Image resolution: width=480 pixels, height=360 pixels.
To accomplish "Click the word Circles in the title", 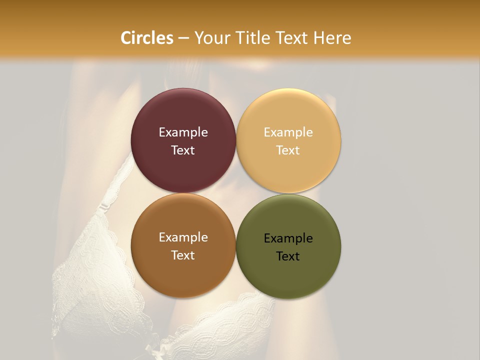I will tap(146, 38).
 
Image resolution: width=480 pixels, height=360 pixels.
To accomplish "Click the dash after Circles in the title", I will tap(183, 38).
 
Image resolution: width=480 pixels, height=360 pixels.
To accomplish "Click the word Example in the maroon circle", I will tap(183, 132).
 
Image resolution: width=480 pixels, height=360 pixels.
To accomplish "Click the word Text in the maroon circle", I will tap(183, 150).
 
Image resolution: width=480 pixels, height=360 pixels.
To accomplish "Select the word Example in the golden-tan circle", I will tap(288, 132).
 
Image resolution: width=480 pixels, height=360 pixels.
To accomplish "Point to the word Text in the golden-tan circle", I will tap(288, 150).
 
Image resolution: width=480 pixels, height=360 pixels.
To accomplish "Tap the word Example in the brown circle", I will tap(183, 237).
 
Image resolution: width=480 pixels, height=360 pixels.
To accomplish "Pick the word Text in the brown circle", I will tap(183, 255).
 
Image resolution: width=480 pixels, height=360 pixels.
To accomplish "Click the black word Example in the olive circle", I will tap(288, 238).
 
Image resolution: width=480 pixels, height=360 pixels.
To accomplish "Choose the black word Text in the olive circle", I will tap(288, 256).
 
